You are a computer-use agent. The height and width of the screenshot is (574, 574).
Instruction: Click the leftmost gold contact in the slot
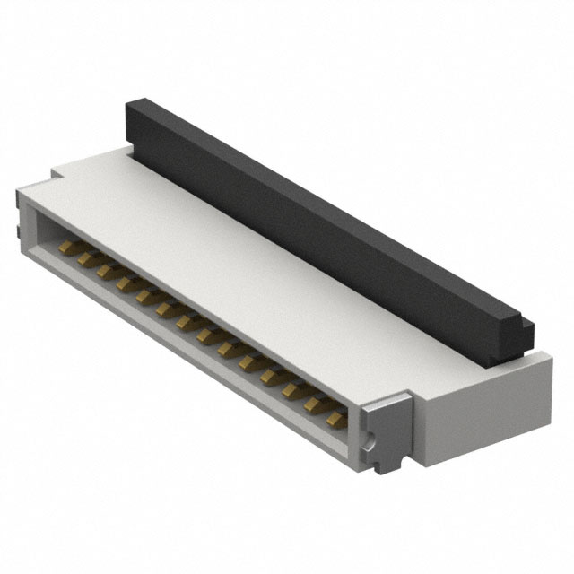tap(66, 246)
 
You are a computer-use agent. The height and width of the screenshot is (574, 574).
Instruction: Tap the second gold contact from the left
tap(86, 258)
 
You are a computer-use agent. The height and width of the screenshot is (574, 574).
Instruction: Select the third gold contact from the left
tap(106, 270)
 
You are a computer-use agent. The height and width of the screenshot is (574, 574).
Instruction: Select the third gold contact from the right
tap(291, 388)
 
